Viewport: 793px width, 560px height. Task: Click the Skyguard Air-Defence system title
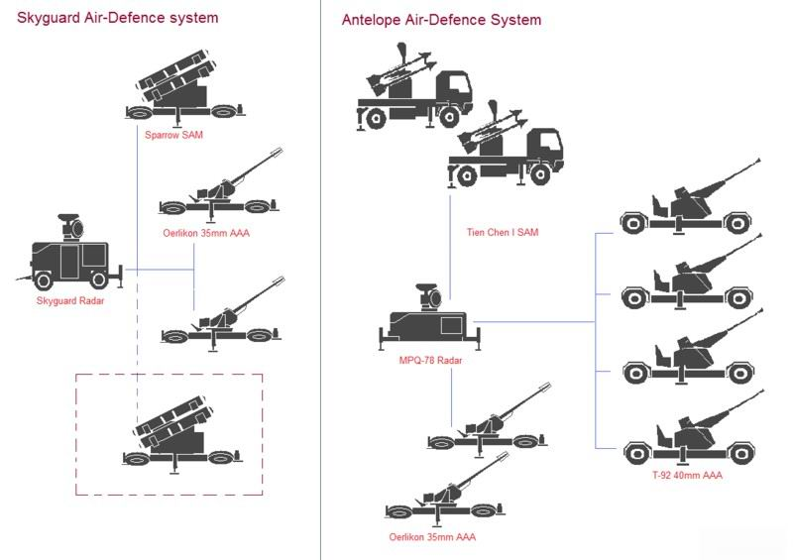click(118, 18)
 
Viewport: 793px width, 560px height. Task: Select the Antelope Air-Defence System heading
click(441, 20)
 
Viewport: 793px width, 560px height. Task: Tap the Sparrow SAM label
click(173, 135)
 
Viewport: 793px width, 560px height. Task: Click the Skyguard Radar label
click(70, 301)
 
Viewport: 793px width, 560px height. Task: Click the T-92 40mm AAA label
click(687, 476)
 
